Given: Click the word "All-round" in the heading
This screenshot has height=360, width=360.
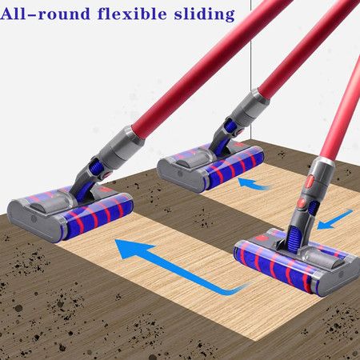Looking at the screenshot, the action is tap(45, 14).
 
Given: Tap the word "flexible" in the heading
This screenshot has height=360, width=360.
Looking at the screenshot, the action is tap(132, 14).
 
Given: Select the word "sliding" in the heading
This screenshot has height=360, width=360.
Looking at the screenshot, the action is tap(205, 14).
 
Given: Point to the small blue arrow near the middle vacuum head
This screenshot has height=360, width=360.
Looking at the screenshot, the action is tap(254, 184).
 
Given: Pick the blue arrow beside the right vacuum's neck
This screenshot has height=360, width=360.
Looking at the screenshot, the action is tap(334, 220).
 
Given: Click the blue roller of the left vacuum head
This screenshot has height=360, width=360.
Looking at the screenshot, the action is tap(98, 217).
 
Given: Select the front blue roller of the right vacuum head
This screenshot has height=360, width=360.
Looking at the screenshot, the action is tap(274, 264).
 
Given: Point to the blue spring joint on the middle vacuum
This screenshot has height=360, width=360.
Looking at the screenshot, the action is tap(230, 126).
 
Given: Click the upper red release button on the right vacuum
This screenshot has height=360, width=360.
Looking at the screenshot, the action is tap(310, 182).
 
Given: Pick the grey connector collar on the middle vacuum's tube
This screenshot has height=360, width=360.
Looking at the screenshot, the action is tap(250, 106).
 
